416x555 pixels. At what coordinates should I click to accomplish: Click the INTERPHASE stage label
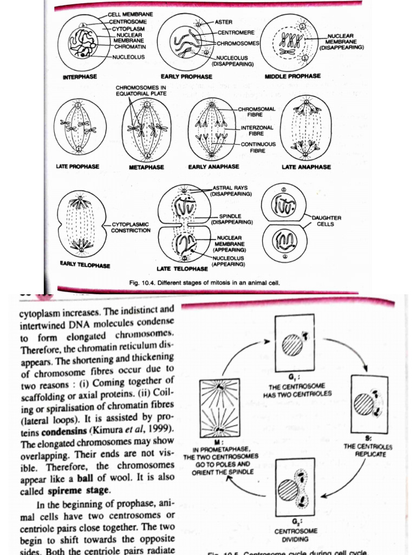point(80,77)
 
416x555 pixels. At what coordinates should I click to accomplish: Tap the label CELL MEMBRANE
point(130,13)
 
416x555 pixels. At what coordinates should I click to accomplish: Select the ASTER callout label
point(224,22)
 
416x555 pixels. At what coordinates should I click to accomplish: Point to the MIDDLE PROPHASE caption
point(292,76)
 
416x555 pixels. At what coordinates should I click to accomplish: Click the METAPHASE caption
point(146,167)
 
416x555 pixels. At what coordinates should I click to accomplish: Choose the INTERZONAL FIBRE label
point(257,130)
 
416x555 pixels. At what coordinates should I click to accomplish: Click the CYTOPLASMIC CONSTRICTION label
point(131,227)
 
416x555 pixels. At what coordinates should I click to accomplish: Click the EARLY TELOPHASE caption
point(85,265)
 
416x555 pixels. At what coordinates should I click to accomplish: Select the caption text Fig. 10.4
point(141,282)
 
